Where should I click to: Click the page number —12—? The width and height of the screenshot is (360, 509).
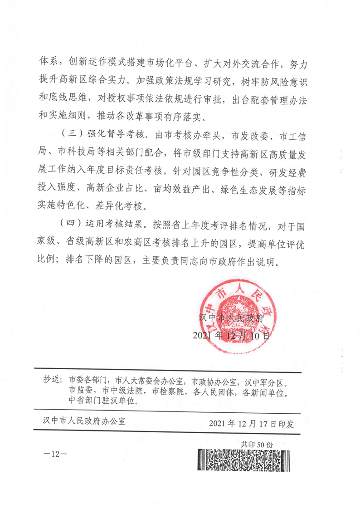pos(57,455)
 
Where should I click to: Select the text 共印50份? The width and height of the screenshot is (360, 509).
pos(257,445)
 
